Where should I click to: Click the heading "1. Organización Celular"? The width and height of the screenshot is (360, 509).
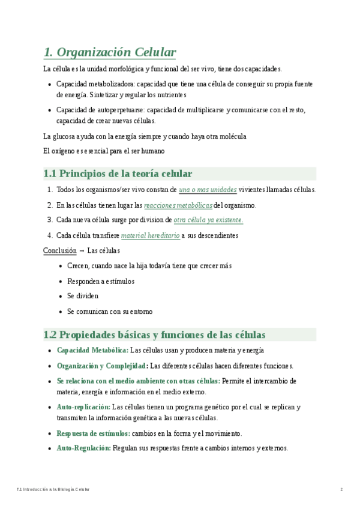110,52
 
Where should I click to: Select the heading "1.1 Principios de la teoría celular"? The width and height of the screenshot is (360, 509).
118,174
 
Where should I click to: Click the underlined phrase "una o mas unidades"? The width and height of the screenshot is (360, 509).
208,190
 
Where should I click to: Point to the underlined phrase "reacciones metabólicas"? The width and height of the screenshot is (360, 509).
178,205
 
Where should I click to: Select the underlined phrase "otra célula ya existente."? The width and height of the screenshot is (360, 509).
208,220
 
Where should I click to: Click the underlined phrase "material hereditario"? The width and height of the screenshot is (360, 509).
150,236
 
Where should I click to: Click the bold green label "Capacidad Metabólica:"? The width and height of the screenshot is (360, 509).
92,351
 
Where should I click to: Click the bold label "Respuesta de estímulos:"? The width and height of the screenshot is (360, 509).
93,433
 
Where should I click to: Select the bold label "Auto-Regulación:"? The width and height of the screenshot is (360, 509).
83,448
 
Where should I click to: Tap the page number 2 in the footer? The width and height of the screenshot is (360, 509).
341,490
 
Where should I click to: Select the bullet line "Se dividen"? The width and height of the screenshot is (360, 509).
83,296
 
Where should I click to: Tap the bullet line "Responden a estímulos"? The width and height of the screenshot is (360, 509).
101,281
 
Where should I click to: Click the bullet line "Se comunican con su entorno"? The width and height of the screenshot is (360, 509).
110,312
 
